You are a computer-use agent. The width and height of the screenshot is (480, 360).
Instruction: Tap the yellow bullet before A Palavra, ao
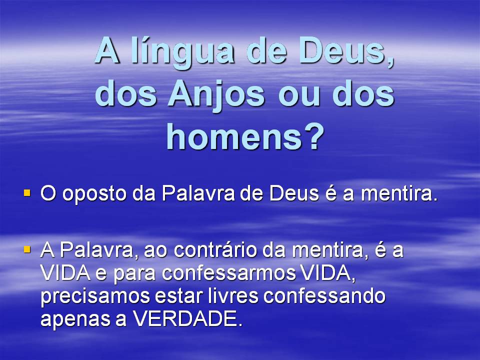27,248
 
